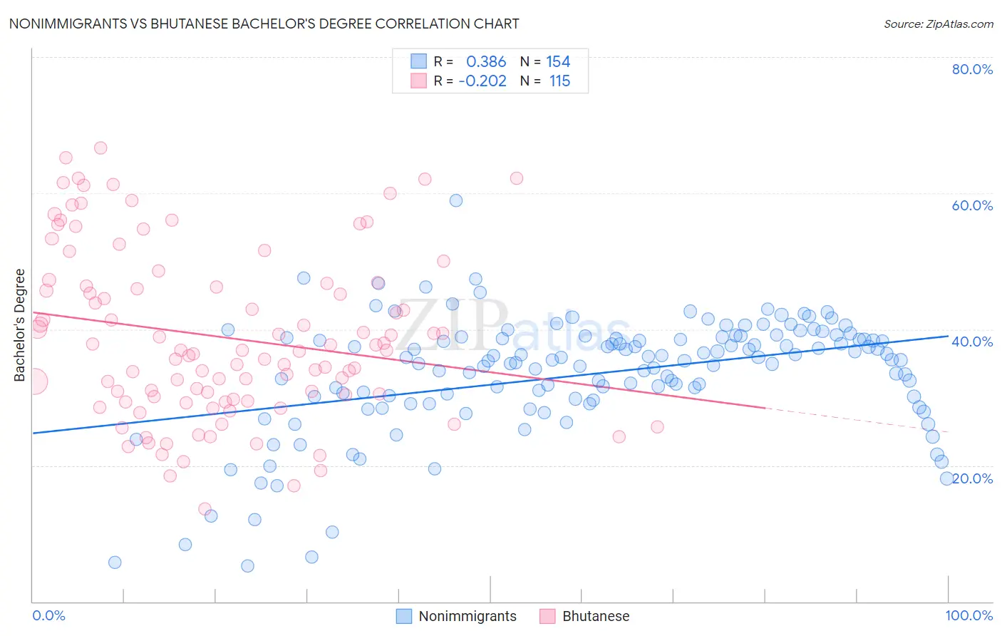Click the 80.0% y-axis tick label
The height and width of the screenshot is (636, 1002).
click(972, 69)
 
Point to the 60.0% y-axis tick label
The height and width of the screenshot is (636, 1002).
click(972, 205)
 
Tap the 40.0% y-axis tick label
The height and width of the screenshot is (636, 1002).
click(972, 342)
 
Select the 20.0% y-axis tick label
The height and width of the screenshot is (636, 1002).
click(973, 478)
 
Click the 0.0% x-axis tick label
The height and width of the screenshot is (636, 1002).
click(48, 615)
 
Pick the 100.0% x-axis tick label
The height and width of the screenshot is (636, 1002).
click(969, 615)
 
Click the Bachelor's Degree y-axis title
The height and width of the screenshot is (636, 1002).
click(20, 325)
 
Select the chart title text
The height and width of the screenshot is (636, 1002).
click(264, 24)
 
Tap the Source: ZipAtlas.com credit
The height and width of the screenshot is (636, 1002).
click(938, 24)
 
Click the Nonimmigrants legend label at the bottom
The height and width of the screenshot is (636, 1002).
click(467, 616)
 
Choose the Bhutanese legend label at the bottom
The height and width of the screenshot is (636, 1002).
click(596, 616)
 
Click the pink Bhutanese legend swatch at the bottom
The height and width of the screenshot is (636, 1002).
click(547, 616)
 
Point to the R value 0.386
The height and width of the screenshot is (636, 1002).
click(486, 61)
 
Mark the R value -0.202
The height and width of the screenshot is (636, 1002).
click(482, 81)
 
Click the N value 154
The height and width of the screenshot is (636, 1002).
click(558, 61)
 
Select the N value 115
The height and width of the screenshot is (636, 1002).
click(559, 81)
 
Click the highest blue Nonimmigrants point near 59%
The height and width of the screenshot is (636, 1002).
click(456, 200)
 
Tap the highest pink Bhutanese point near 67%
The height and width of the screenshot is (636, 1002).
click(100, 148)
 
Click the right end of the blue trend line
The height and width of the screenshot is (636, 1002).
click(948, 335)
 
